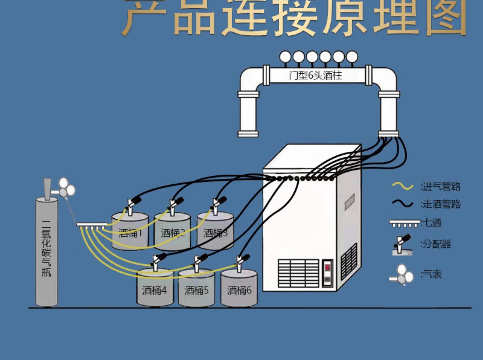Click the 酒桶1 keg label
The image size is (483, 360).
tap(130, 232)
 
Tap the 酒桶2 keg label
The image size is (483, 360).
tap(173, 232)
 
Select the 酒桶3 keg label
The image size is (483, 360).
tap(215, 232)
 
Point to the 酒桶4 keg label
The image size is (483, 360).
tap(155, 290)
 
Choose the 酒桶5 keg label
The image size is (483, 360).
tap(196, 290)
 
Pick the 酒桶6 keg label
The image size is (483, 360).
tap(239, 290)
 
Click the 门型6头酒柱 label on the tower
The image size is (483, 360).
tap(316, 76)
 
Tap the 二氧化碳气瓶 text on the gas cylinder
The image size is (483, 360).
tap(46, 248)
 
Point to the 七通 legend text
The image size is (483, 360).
tap(432, 223)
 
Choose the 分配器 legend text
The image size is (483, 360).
tap(437, 244)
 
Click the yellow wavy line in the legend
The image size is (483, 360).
tap(402, 186)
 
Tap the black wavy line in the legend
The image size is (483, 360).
tap(402, 204)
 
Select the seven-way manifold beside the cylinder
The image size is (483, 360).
tap(92, 225)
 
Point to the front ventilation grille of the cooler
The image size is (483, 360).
tap(298, 273)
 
